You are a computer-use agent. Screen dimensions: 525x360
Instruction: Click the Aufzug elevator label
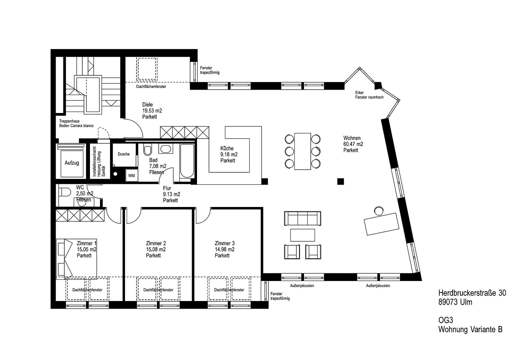[72, 163]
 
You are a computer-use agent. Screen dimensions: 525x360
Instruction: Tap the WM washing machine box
[131, 175]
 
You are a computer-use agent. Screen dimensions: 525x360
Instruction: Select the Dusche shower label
[124, 154]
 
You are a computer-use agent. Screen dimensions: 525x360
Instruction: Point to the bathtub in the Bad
[187, 161]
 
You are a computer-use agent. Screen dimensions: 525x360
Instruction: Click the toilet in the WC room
[64, 192]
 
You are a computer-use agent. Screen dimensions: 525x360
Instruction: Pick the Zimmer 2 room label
[156, 243]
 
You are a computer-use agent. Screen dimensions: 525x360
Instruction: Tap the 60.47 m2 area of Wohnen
[353, 144]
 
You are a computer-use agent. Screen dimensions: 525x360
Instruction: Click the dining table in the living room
[303, 151]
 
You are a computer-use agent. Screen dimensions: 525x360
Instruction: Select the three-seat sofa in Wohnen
[303, 218]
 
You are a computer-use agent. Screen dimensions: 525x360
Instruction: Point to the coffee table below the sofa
[303, 235]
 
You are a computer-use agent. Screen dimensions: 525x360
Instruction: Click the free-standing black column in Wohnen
[341, 181]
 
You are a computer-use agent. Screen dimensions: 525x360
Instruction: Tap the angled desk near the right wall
[381, 224]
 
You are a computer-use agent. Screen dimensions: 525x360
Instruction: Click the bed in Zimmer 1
[76, 259]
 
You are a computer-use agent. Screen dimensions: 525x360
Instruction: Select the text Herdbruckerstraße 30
[472, 293]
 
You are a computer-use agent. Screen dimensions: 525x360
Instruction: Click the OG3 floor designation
[446, 320]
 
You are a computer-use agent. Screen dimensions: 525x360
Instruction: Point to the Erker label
[359, 93]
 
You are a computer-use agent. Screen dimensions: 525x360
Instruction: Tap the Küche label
[227, 148]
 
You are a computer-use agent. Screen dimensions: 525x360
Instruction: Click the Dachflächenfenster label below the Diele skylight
[151, 86]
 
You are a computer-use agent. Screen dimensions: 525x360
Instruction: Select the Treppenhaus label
[69, 121]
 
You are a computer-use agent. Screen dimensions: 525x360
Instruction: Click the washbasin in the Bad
[166, 149]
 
